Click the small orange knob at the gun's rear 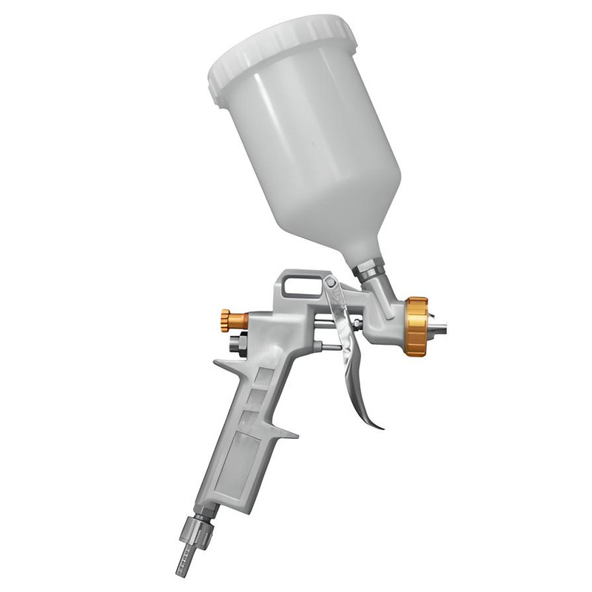coord(233,320)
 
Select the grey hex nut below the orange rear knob coord(237,345)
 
